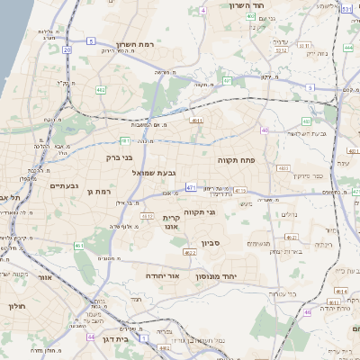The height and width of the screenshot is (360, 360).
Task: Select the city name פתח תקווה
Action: click(x=237, y=158)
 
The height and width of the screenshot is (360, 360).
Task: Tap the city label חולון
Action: click(x=17, y=306)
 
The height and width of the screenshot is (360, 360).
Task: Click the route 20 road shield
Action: click(x=67, y=49)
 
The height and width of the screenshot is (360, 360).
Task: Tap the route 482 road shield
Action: click(x=101, y=89)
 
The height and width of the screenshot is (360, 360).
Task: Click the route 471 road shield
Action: click(x=191, y=187)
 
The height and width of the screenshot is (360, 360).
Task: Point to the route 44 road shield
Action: click(x=91, y=337)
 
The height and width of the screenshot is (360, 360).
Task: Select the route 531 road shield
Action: click(x=346, y=9)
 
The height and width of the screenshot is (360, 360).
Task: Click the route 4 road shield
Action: click(x=203, y=10)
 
